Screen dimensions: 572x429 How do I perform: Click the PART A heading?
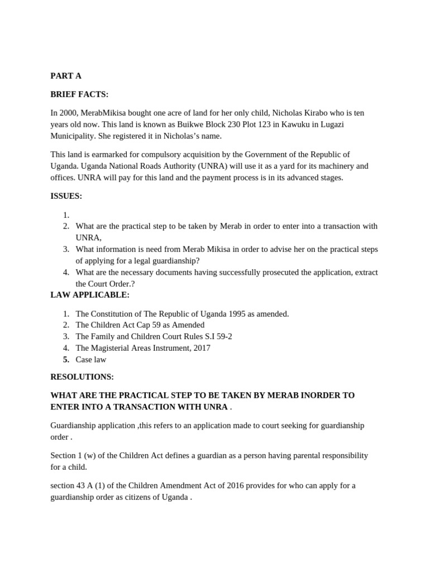pos(65,76)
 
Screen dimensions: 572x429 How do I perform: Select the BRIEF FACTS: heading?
pos(79,94)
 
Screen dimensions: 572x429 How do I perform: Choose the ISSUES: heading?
pos(66,196)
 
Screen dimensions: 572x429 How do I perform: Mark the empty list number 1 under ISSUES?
pos(66,214)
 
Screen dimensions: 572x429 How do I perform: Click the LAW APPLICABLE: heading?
pos(89,295)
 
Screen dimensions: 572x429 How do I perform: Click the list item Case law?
pos(90,359)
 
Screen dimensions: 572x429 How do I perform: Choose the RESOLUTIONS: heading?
pos(82,377)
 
